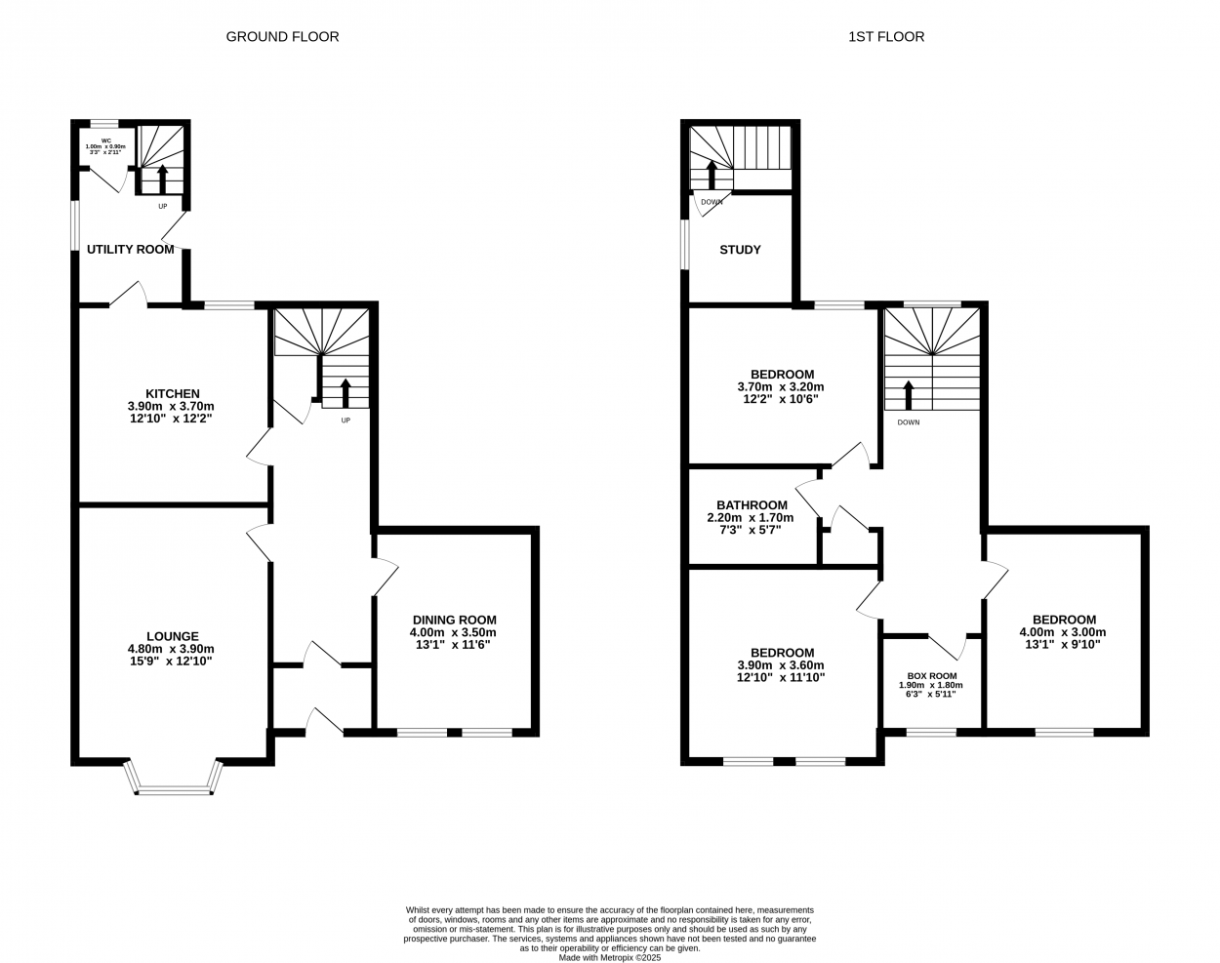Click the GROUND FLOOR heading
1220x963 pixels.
(282, 37)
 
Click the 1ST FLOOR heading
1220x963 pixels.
(886, 37)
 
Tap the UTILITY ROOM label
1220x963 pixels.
(131, 250)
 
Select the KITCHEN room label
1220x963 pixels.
(173, 393)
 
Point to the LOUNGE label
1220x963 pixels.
(173, 636)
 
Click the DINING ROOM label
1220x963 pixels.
(455, 621)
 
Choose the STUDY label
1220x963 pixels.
(741, 250)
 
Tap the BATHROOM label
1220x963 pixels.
(752, 505)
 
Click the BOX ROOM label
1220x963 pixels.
(932, 676)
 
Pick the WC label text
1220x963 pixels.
(106, 140)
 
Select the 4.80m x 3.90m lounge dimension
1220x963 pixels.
(171, 649)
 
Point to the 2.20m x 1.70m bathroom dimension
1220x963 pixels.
(751, 517)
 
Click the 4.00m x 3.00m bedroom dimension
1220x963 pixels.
(1063, 632)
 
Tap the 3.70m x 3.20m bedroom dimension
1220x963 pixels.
(781, 387)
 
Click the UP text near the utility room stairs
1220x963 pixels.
(163, 206)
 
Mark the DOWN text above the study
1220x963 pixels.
(712, 202)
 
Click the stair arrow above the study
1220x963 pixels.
(712, 175)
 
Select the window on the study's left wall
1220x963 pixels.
(684, 244)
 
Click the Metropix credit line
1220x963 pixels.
(610, 958)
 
